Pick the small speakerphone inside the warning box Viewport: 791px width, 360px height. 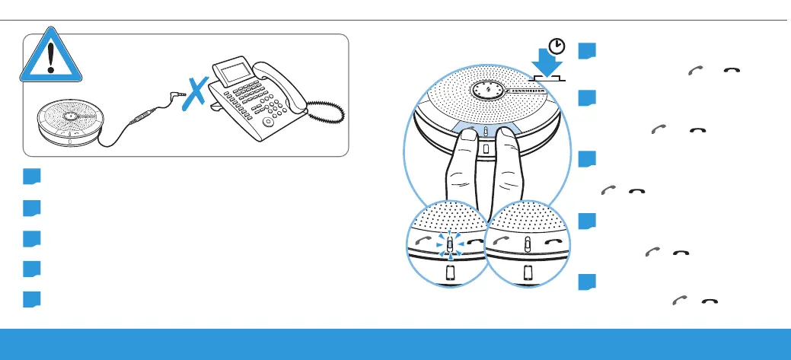(70, 126)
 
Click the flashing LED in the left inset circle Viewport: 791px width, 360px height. (449, 243)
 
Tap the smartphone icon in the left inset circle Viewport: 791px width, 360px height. (449, 272)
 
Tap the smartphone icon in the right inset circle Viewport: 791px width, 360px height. (527, 272)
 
